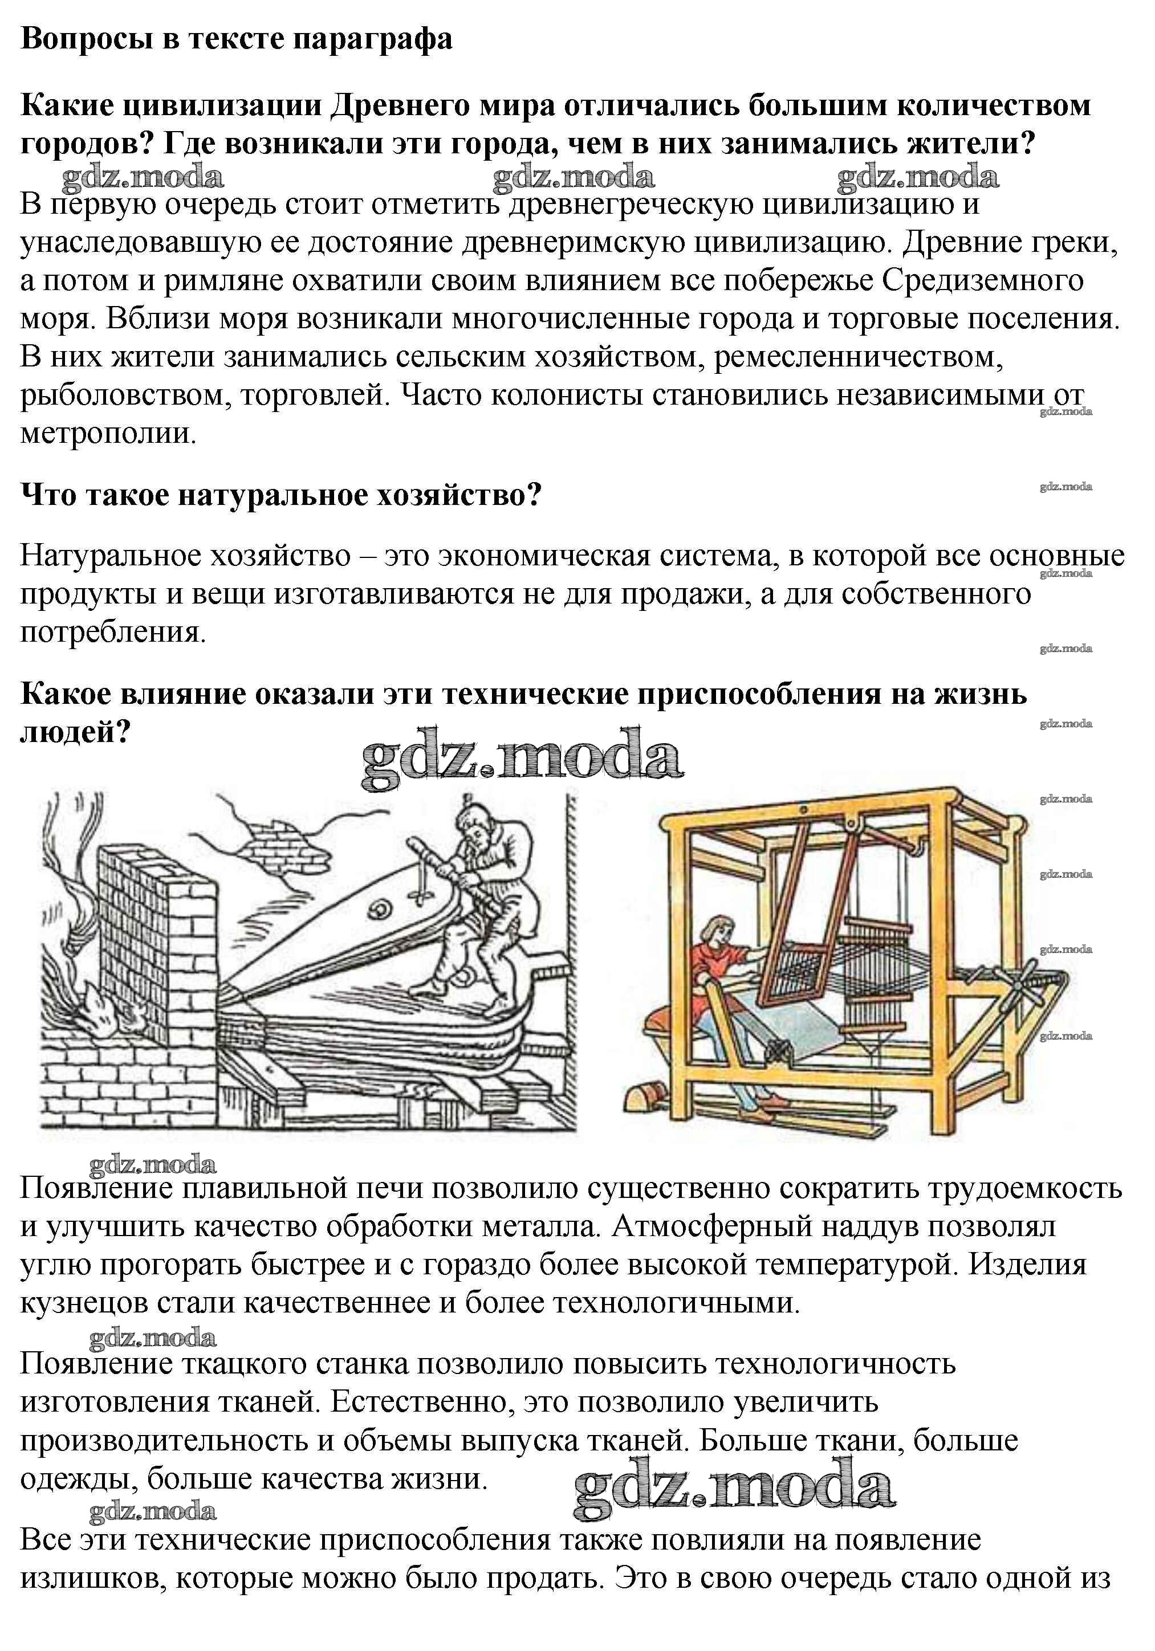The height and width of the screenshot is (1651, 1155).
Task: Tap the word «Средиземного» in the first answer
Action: tap(982, 280)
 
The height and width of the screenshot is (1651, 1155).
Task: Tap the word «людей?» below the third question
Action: tap(75, 732)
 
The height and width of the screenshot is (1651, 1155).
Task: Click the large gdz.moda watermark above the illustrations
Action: tap(522, 759)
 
